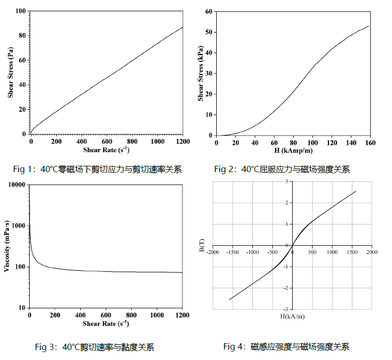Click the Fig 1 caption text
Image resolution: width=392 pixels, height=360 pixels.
tap(98, 169)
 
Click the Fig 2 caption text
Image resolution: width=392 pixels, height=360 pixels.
tap(282, 169)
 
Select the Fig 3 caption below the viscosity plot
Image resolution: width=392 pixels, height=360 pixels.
tap(94, 347)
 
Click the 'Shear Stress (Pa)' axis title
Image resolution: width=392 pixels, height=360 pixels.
tap(10, 72)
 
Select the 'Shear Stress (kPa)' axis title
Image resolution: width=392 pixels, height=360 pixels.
tap(200, 73)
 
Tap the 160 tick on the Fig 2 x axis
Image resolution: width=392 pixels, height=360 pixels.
tap(370, 142)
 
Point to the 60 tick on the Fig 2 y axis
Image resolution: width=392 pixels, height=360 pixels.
tap(208, 11)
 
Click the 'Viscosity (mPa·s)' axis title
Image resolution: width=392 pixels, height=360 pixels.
tap(7, 246)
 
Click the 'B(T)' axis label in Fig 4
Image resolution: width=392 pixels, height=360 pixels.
tap(203, 245)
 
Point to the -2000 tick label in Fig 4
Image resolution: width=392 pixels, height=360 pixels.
tap(213, 252)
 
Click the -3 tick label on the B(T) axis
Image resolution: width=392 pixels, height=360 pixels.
tap(286, 309)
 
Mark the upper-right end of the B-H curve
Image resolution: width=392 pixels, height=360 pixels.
tap(356, 191)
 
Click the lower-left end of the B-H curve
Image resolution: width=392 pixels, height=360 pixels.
tap(229, 300)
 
